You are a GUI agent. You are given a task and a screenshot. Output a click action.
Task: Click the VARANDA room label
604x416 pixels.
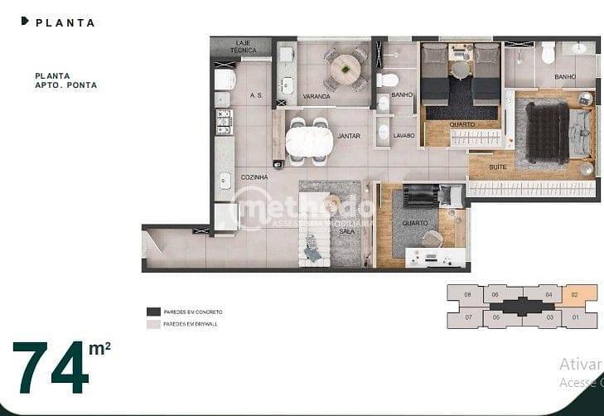[x=316, y=97]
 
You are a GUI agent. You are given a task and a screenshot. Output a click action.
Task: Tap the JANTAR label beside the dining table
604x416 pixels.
[x=349, y=136]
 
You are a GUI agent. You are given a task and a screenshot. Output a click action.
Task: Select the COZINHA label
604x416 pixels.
[x=254, y=177]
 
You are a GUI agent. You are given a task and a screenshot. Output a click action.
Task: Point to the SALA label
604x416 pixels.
[x=346, y=231]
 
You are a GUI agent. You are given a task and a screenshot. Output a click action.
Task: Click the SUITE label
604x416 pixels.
[x=498, y=167]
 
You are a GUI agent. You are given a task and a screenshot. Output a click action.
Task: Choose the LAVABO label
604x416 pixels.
[x=403, y=135]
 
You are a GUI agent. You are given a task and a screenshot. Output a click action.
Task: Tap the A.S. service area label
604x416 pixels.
[x=256, y=95]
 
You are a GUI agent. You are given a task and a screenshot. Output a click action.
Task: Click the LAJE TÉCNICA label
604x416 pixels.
[x=243, y=46]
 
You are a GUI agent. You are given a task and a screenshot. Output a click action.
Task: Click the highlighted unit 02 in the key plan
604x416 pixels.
[x=574, y=294]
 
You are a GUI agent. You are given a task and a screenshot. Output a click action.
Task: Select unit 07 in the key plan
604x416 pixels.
[x=467, y=317]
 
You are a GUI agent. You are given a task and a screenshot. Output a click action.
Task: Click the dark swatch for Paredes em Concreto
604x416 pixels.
[x=153, y=312]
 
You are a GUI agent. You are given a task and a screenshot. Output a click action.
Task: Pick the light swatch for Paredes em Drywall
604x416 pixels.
[x=153, y=324]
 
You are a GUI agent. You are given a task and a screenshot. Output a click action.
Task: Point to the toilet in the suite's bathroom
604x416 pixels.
[x=548, y=54]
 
